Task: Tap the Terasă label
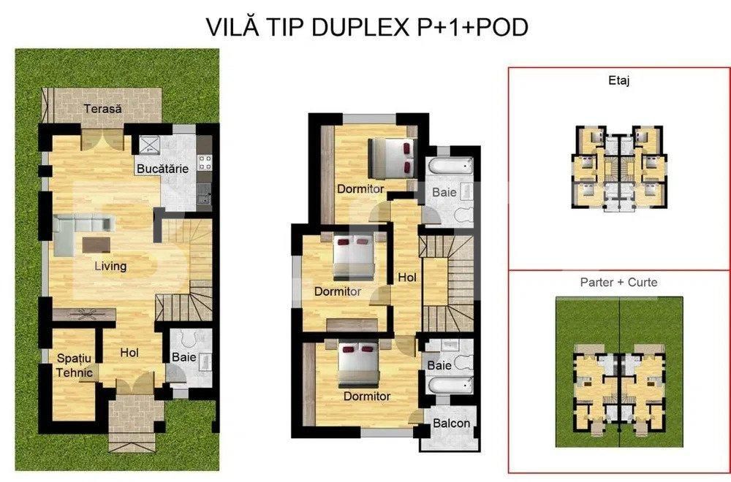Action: pyautogui.click(x=102, y=109)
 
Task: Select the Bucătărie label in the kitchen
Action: pyautogui.click(x=162, y=169)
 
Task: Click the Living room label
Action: pyautogui.click(x=110, y=266)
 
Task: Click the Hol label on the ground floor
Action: pyautogui.click(x=129, y=353)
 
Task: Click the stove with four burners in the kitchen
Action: pyautogui.click(x=205, y=160)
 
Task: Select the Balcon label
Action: pyautogui.click(x=451, y=424)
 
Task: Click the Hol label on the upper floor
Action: pyautogui.click(x=406, y=278)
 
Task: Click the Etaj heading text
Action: pyautogui.click(x=618, y=81)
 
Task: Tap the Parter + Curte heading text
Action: pyautogui.click(x=618, y=282)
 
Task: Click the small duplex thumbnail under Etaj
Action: pyautogui.click(x=618, y=164)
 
